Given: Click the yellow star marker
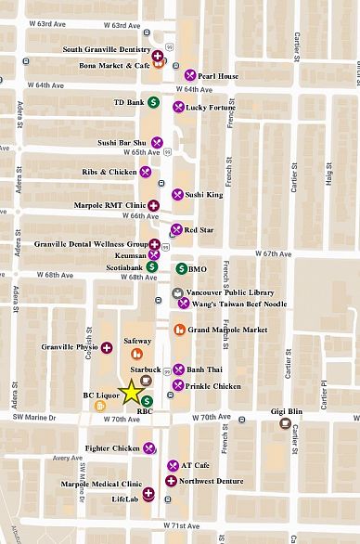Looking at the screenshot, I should (x=132, y=391).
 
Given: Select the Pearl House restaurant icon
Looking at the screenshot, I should (x=189, y=75).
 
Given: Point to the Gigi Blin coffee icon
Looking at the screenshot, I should (x=284, y=423).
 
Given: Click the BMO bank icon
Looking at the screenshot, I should (x=181, y=268).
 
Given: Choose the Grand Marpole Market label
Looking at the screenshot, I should (x=227, y=330).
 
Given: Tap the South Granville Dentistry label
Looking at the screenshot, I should (x=106, y=49).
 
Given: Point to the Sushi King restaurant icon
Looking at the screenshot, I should (x=177, y=195).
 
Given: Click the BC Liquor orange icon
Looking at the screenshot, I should (x=114, y=405).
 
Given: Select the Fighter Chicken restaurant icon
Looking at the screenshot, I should (x=148, y=448).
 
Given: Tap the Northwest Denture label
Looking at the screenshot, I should (x=214, y=481).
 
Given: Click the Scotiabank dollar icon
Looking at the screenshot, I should (x=151, y=267).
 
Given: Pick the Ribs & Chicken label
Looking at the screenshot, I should (x=110, y=172).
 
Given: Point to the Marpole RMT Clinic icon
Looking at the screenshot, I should (x=156, y=205).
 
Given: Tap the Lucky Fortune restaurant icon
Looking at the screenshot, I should (x=177, y=108).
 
